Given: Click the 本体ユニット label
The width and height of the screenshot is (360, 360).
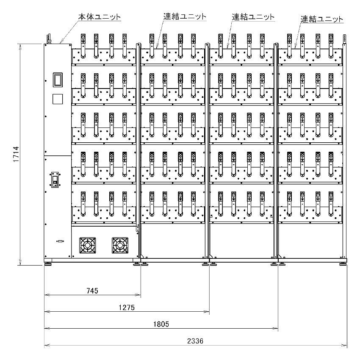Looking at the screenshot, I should coord(100,17).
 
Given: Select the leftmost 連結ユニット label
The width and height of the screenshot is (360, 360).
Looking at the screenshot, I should coord(185,17).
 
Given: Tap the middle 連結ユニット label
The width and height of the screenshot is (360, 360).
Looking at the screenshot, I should coord(253,17).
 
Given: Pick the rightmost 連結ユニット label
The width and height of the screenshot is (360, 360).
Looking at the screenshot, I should coord(321,19).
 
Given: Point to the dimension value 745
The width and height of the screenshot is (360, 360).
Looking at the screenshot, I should coord(92,291).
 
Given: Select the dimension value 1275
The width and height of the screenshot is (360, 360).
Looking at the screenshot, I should coord(127,308).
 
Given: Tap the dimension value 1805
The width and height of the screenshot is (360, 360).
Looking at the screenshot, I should coord(161,324).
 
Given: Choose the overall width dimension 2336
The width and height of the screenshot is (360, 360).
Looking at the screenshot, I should coord(196,341).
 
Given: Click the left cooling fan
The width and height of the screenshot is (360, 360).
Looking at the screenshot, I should coord(88,245).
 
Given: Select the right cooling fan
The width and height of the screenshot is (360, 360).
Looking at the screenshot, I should coord(120,245).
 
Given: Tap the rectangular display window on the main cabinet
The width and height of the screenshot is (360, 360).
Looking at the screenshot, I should coord(57,80).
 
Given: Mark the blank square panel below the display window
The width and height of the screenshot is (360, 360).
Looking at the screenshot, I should coord(57,99).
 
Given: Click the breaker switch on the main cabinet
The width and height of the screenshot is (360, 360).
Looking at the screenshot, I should coord(55,179).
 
